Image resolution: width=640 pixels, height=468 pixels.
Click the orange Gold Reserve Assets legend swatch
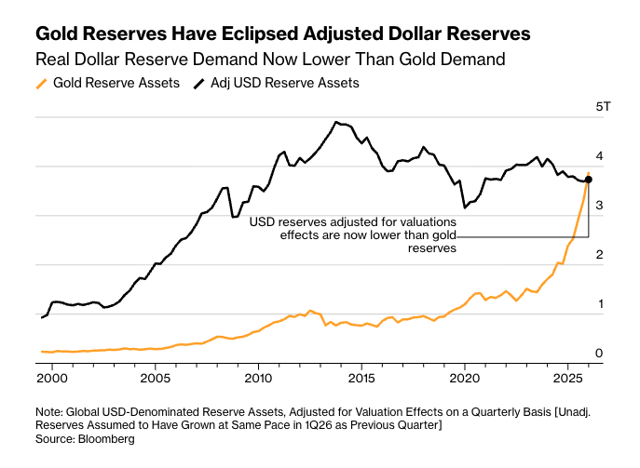(x=41, y=83)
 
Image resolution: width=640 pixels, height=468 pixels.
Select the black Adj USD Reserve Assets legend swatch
(x=199, y=83)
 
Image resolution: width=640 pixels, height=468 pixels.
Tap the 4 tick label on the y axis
(x=600, y=156)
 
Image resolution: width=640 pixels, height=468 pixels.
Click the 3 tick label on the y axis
(x=600, y=206)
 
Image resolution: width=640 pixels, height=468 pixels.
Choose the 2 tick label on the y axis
(x=600, y=255)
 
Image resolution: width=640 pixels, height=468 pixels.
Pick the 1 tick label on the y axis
(x=600, y=304)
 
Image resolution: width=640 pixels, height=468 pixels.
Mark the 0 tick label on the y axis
(x=600, y=354)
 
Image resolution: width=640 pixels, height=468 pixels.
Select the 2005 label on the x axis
(x=155, y=380)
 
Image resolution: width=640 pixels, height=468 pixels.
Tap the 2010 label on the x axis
(x=258, y=380)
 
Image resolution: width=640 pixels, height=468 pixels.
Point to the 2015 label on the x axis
(x=361, y=380)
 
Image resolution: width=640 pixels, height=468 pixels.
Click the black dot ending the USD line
(x=588, y=180)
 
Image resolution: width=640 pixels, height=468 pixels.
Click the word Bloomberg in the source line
(x=106, y=438)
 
